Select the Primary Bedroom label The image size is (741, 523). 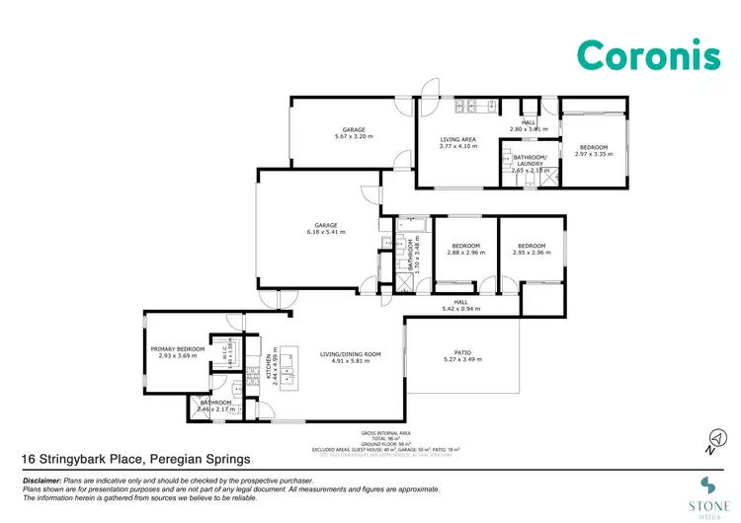pos(177,349)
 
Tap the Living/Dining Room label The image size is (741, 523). pos(344,354)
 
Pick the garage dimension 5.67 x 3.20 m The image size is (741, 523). pos(354,137)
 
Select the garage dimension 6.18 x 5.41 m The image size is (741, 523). pos(326,232)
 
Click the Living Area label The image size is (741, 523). pos(457,140)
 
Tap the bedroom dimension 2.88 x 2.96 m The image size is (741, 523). pos(465,253)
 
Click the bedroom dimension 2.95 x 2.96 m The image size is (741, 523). pos(532,253)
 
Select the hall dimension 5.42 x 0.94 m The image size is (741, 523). pos(460,309)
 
